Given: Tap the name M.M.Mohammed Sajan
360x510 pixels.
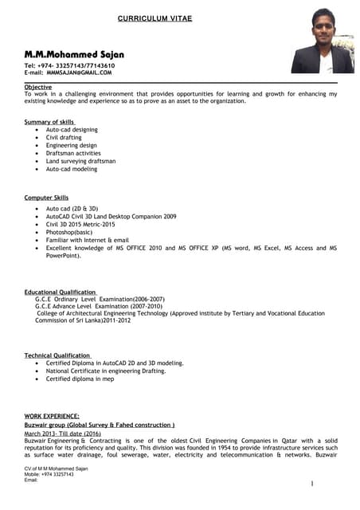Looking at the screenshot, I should (73, 53).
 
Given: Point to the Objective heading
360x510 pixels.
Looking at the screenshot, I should (37, 86).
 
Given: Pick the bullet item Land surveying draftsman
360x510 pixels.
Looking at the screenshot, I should (80, 161).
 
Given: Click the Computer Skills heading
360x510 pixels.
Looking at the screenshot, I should (46, 197).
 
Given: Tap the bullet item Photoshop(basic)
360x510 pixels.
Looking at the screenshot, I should (74, 232).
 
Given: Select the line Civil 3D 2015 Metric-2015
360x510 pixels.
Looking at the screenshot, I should (92, 224).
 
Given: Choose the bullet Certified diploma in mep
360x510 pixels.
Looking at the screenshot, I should (80, 379).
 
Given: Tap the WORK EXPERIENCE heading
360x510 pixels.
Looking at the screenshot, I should (52, 416).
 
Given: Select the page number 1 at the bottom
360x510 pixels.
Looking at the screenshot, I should (312, 484).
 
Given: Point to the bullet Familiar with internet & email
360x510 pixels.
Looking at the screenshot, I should (87, 240).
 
